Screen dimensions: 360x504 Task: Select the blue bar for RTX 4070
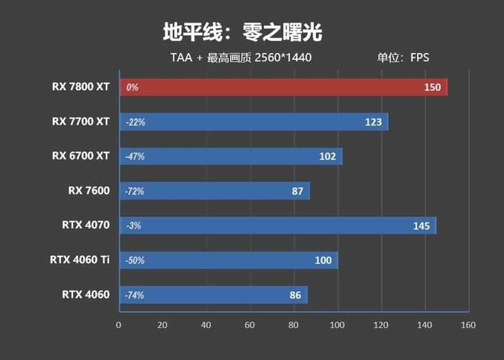coord(277,226)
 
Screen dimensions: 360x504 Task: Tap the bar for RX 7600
coord(214,191)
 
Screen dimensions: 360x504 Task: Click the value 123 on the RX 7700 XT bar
coord(374,122)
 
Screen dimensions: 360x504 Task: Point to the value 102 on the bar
coord(328,157)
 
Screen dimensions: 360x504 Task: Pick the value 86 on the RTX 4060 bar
coord(294,295)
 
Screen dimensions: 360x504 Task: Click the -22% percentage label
coord(135,122)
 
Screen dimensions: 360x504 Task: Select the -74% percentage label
coord(135,295)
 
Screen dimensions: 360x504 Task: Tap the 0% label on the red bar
coord(132,88)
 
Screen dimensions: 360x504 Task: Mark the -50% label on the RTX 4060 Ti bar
coord(135,260)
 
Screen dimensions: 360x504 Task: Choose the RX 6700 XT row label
coord(81,156)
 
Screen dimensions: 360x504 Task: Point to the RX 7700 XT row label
coord(81,121)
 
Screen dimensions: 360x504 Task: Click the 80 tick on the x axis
coord(293,325)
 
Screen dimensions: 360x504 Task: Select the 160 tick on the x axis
coord(467,325)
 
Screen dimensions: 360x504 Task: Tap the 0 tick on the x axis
coord(118,325)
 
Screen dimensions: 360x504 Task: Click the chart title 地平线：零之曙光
coord(243,32)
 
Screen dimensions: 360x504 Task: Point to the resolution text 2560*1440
coord(283,58)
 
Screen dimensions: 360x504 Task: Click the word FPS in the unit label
coord(419,58)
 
